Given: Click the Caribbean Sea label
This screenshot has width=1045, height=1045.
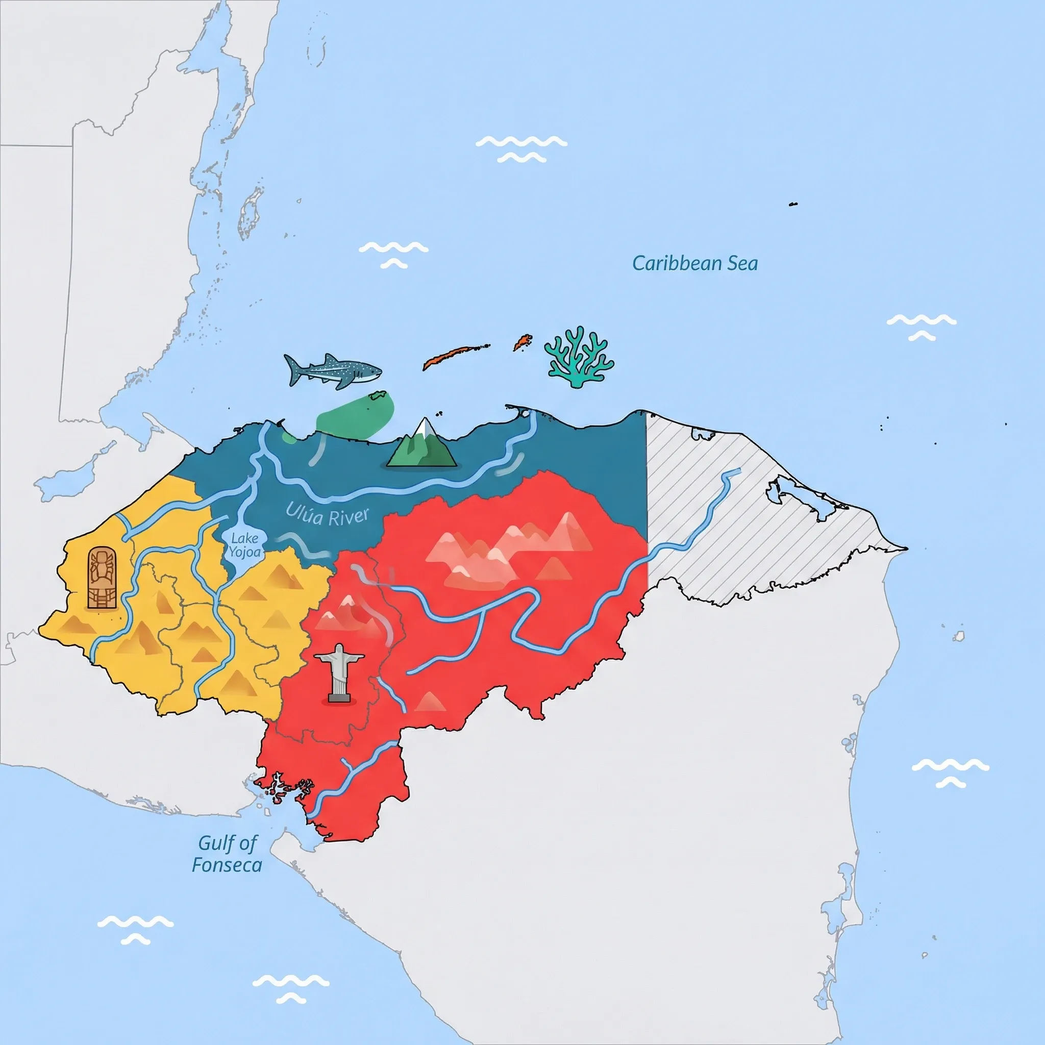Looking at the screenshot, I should pyautogui.click(x=694, y=263).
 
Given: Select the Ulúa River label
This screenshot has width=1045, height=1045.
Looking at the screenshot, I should pyautogui.click(x=328, y=514).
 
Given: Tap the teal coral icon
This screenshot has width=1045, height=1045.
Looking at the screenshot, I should pyautogui.click(x=579, y=357).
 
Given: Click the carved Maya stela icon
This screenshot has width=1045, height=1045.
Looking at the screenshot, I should pyautogui.click(x=102, y=578).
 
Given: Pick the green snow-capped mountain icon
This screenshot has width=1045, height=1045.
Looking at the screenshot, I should pyautogui.click(x=422, y=443).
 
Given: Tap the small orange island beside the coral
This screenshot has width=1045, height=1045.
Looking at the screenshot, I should pyautogui.click(x=522, y=342).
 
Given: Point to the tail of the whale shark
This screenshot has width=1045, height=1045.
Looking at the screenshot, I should pyautogui.click(x=292, y=370).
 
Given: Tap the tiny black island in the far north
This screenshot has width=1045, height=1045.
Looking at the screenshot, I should pyautogui.click(x=793, y=204).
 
